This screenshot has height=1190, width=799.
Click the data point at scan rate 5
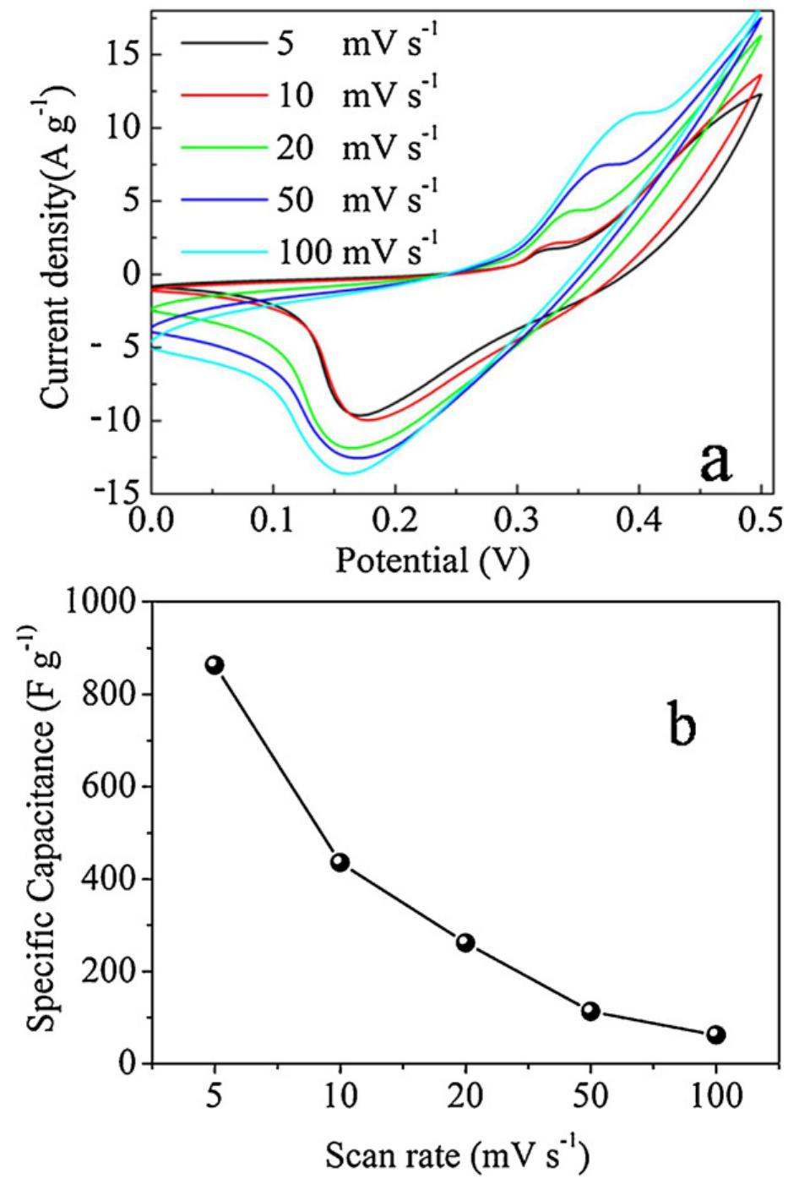click(215, 665)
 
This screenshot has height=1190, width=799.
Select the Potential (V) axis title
click(432, 560)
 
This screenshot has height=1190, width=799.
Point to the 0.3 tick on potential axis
click(518, 517)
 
